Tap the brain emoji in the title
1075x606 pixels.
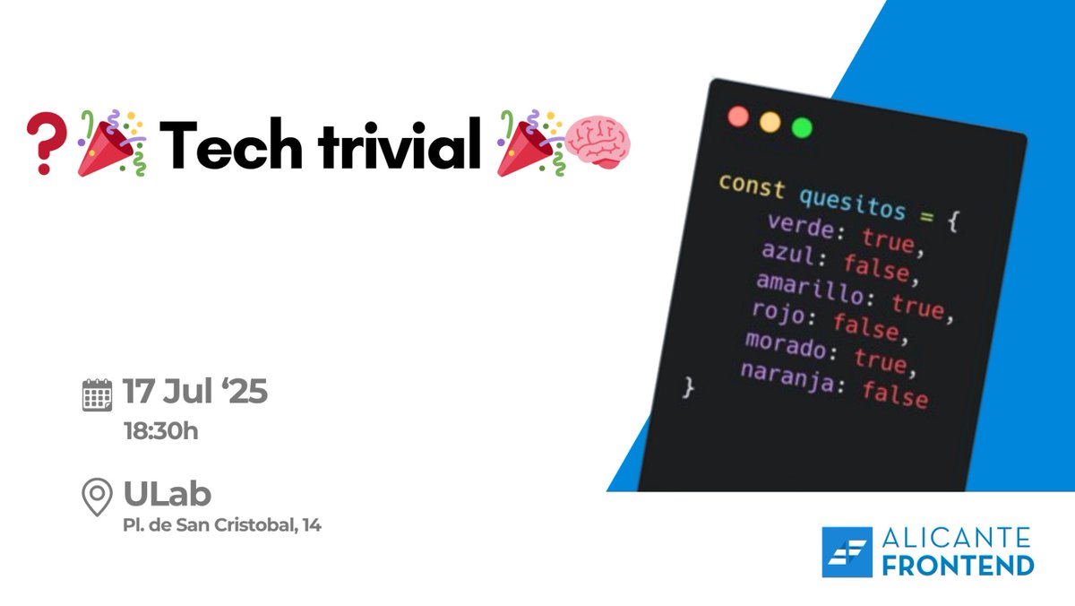click(598, 143)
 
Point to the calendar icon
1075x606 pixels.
click(97, 394)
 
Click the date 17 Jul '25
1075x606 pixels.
click(195, 393)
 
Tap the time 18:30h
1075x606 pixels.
click(160, 431)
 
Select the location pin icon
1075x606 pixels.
click(97, 498)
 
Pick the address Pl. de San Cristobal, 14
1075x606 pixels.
click(222, 525)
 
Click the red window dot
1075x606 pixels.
click(739, 116)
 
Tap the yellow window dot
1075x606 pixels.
click(770, 121)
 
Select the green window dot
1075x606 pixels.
click(802, 127)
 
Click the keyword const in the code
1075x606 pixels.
click(752, 187)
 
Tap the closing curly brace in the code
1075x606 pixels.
click(688, 387)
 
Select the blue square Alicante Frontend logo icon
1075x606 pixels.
click(847, 552)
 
